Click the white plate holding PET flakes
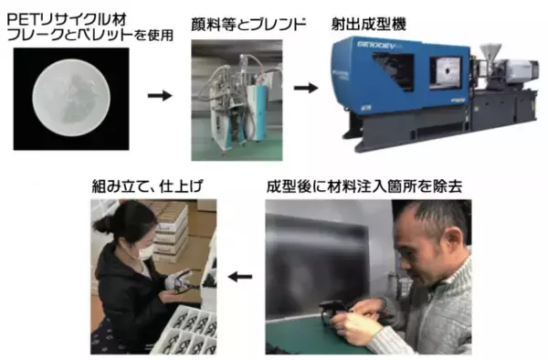pos(71,98)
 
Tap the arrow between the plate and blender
pos(160,95)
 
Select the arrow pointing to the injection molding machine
pos(306,88)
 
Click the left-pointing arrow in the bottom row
pos(240,277)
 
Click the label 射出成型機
pos(369,25)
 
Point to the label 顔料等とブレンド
pos(248,25)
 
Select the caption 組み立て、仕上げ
pos(147,186)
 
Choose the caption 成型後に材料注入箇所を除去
pos(364,186)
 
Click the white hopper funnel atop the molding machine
pos(490,52)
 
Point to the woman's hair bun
pos(100,225)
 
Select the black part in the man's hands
pos(335,310)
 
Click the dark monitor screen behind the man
pos(316,267)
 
